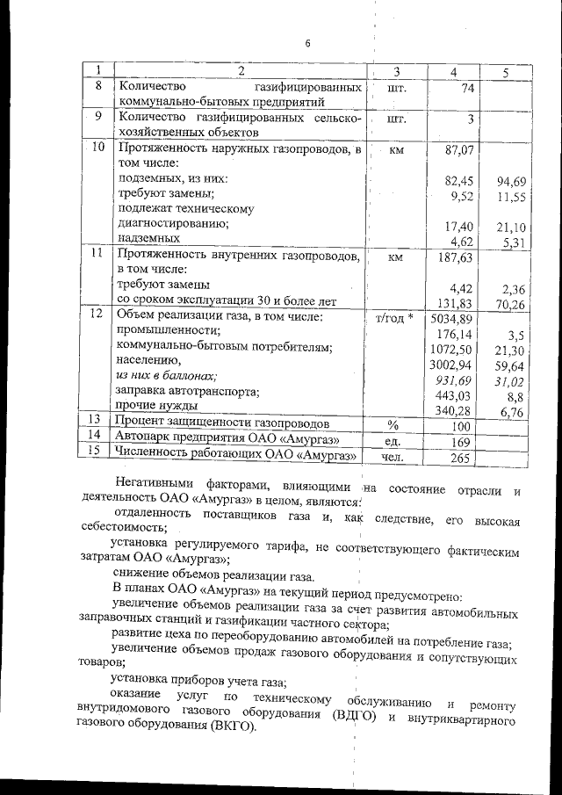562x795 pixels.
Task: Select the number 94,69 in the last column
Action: tap(509, 182)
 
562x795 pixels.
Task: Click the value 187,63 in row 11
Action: tap(456, 257)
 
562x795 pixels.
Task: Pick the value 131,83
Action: tap(456, 304)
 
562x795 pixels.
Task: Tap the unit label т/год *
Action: tap(393, 318)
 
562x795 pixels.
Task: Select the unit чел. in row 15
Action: tap(393, 457)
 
